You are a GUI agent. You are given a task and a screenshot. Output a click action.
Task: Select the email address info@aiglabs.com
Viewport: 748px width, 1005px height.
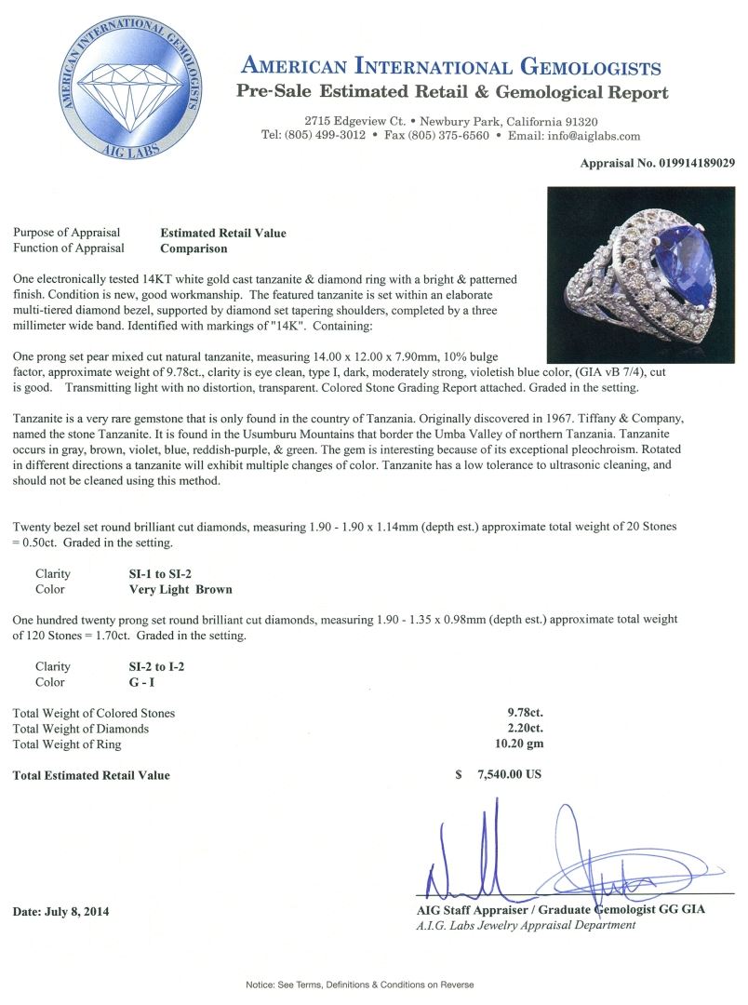pos(590,136)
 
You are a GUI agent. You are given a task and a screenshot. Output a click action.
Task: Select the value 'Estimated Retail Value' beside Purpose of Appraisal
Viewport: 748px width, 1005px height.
pos(223,233)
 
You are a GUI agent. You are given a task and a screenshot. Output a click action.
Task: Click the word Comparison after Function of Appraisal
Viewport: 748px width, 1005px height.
pos(194,248)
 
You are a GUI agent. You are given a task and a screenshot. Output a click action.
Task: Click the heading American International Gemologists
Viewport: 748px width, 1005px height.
pos(450,67)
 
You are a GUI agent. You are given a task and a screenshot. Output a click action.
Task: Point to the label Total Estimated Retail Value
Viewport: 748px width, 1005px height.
pos(91,775)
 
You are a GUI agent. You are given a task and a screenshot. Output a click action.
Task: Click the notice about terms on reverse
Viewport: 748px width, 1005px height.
pos(359,985)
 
